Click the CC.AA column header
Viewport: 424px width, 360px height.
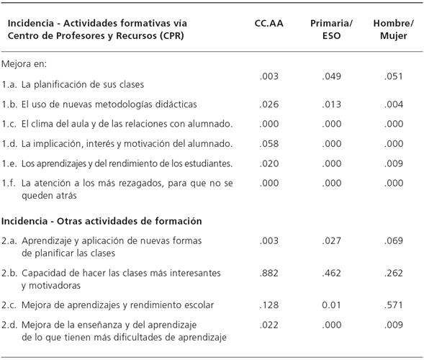[x=269, y=23]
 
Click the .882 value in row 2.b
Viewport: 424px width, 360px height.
[x=269, y=274]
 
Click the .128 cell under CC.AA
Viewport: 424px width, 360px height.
[x=269, y=305]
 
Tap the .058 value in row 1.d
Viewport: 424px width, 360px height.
[x=269, y=143]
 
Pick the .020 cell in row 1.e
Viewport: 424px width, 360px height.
[x=269, y=163]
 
